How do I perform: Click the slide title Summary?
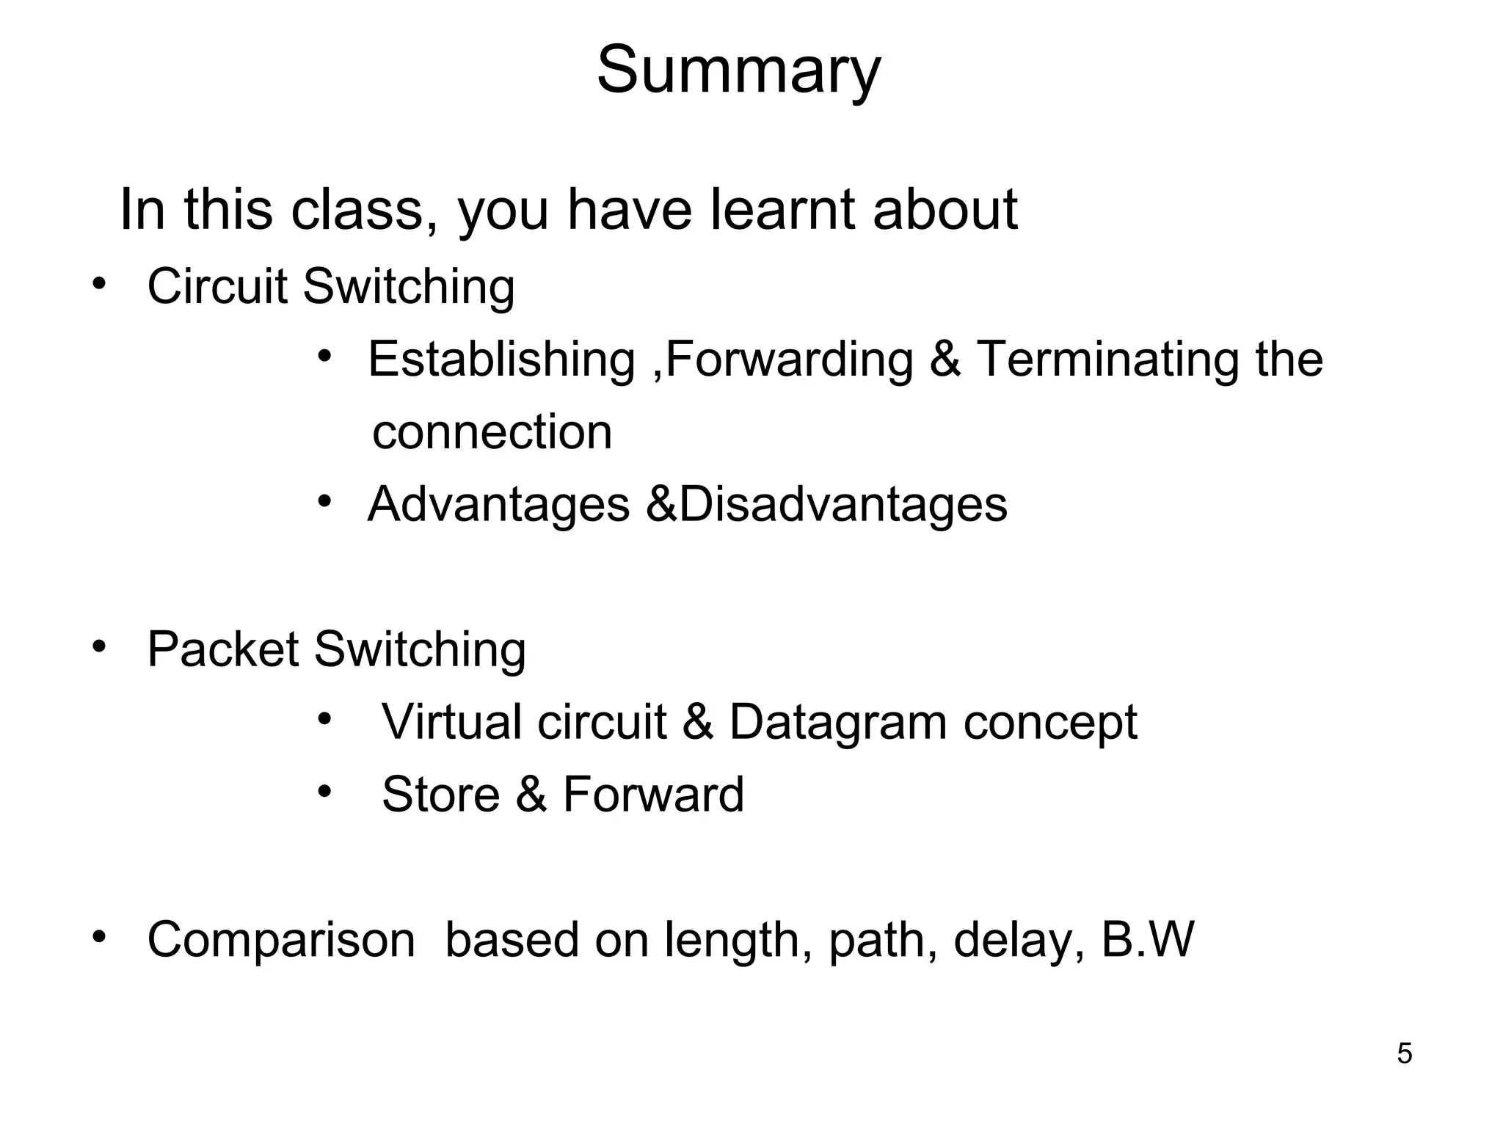click(738, 71)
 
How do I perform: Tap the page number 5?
click(1404, 1054)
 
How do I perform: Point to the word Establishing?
click(501, 360)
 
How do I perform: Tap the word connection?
click(492, 432)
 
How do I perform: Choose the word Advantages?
click(498, 505)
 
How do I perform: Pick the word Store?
click(440, 795)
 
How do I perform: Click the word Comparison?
click(281, 940)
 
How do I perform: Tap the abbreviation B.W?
click(1148, 940)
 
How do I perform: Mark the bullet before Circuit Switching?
click(99, 284)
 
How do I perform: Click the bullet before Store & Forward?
click(325, 792)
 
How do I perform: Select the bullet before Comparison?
click(99, 938)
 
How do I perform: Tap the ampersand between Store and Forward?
click(531, 795)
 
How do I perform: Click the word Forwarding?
click(790, 360)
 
